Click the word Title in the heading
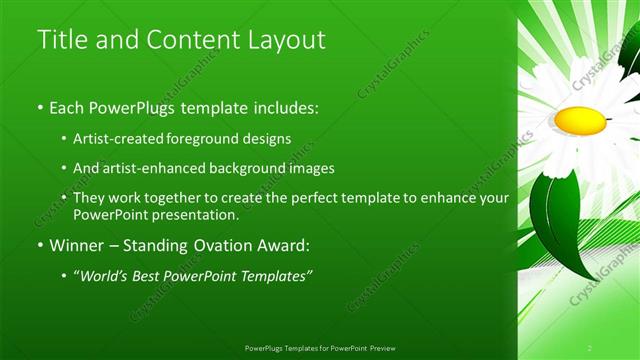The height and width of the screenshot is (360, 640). tap(59, 40)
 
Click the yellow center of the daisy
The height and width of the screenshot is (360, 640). tap(580, 121)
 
